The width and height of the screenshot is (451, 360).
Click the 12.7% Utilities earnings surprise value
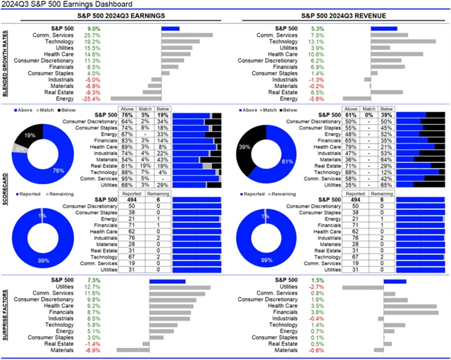tap(92, 287)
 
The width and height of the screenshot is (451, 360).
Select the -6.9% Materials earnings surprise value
tap(92, 350)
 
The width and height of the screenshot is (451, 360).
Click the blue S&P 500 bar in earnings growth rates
tap(170, 29)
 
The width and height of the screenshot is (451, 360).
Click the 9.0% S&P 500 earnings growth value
tap(93, 29)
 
